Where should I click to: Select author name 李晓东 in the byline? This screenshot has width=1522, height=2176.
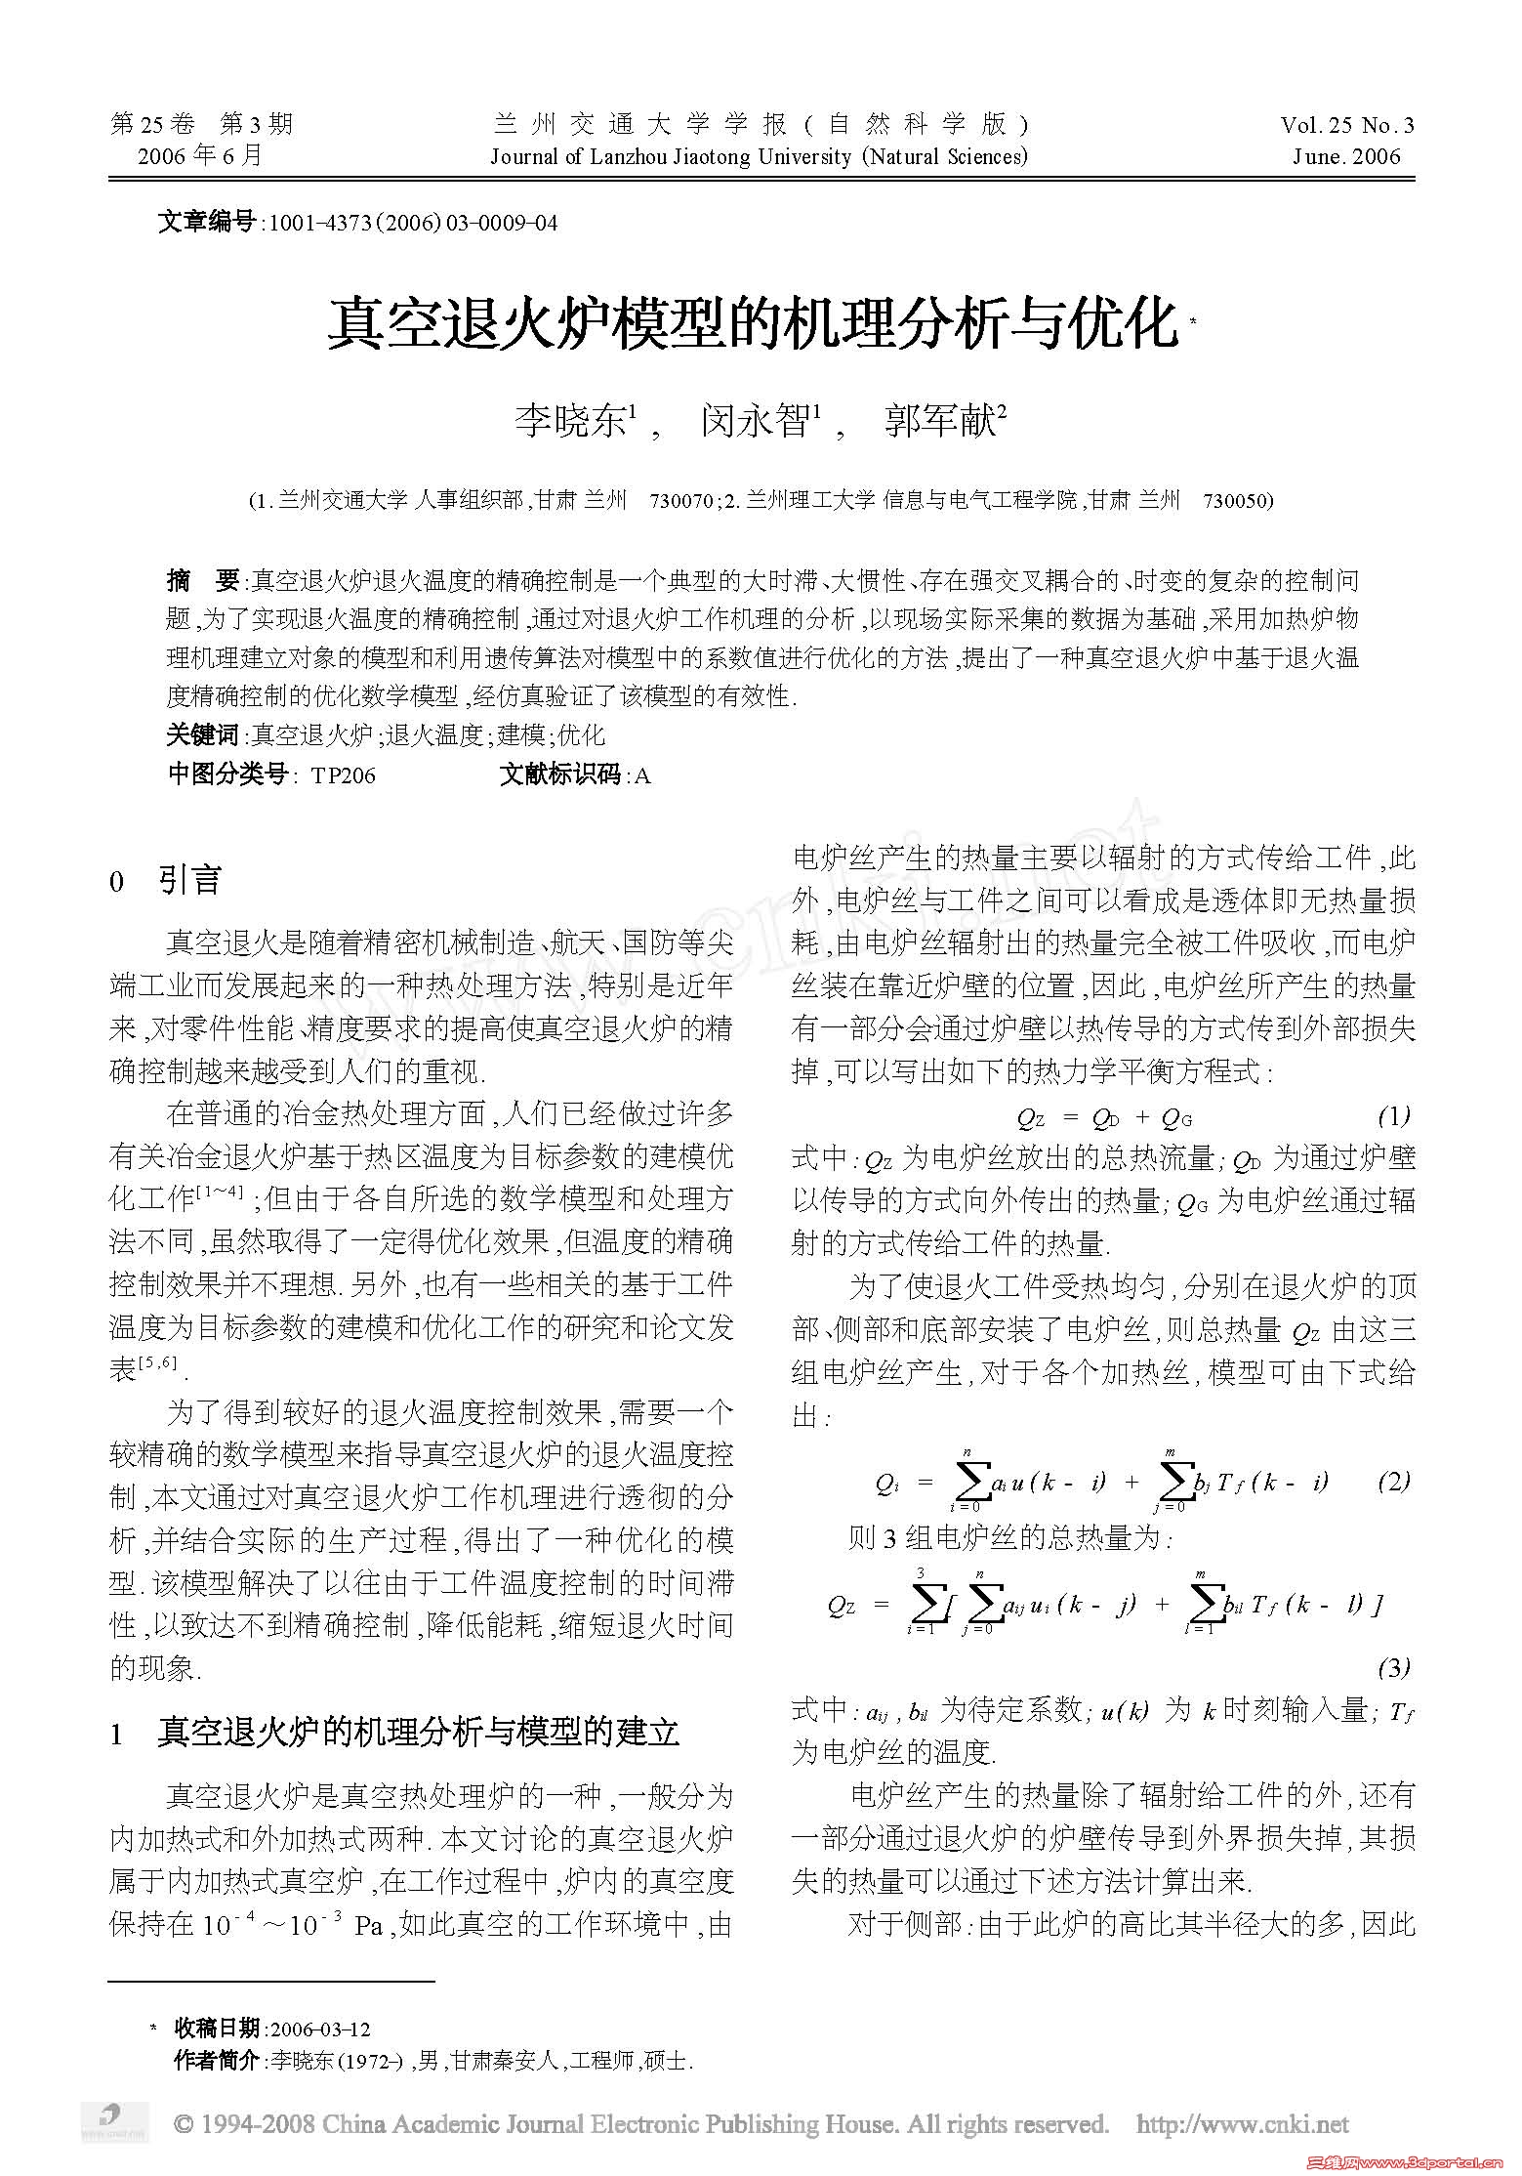pyautogui.click(x=570, y=422)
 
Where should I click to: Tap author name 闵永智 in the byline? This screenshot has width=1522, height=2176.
pyautogui.click(x=754, y=422)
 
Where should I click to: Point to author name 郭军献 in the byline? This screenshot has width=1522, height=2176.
pyautogui.click(x=938, y=422)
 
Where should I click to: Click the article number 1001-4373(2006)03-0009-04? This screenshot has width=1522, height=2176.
pyautogui.click(x=413, y=223)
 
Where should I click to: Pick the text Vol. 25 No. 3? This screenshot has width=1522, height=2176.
pyautogui.click(x=1347, y=125)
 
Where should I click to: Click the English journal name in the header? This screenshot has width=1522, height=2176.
pyautogui.click(x=759, y=156)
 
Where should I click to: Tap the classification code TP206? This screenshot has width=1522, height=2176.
pyautogui.click(x=343, y=775)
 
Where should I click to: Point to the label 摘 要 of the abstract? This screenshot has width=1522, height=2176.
pyautogui.click(x=203, y=582)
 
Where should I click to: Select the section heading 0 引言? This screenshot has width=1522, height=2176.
pyautogui.click(x=166, y=881)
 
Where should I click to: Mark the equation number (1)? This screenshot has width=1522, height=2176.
pyautogui.click(x=1393, y=1115)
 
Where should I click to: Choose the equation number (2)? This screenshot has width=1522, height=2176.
pyautogui.click(x=1393, y=1482)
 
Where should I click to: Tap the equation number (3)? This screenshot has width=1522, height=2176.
pyautogui.click(x=1393, y=1668)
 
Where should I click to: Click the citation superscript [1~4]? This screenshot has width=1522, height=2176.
pyautogui.click(x=219, y=1193)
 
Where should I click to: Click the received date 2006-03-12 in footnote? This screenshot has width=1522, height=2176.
pyautogui.click(x=319, y=2029)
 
